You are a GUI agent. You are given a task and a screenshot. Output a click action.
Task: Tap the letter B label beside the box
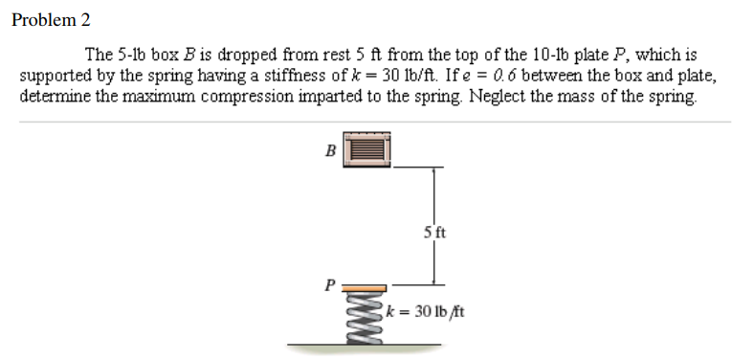[331, 149]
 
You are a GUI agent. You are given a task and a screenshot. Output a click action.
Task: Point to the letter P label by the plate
[331, 283]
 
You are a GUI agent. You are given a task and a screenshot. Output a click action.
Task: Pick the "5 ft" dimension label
[433, 232]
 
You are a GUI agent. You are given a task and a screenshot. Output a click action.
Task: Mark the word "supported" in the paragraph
[56, 76]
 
